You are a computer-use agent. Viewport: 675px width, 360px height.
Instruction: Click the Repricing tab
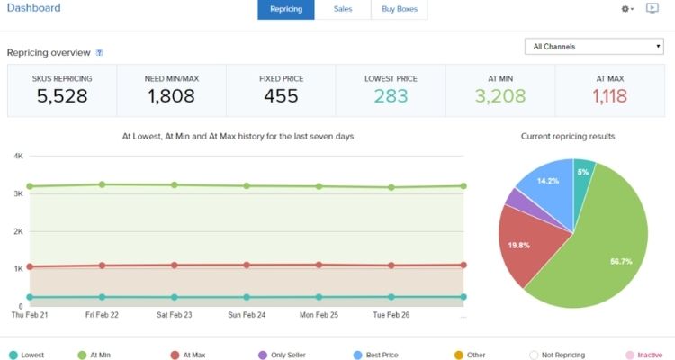[x=286, y=9]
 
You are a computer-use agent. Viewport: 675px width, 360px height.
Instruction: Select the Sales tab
[x=343, y=9]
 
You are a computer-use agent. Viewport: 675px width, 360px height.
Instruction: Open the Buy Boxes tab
[x=400, y=9]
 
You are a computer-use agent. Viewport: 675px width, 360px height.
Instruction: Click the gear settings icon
[x=625, y=9]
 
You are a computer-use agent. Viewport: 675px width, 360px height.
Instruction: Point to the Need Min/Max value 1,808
[x=171, y=95]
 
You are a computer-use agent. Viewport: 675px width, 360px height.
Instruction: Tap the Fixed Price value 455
[x=281, y=95]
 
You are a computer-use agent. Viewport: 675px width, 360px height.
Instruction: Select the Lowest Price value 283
[x=391, y=95]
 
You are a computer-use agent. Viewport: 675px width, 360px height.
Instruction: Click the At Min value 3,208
[x=500, y=95]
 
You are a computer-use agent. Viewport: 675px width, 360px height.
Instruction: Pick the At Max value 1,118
[x=610, y=95]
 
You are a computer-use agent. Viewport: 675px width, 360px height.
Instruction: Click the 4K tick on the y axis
[x=18, y=157]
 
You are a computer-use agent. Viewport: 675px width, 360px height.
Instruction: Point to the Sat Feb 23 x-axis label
[x=174, y=316]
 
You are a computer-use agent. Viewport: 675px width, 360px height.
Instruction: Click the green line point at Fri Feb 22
[x=103, y=184]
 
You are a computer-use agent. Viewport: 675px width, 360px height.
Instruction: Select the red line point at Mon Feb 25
[x=319, y=265]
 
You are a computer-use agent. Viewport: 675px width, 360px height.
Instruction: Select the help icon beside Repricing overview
[x=99, y=53]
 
